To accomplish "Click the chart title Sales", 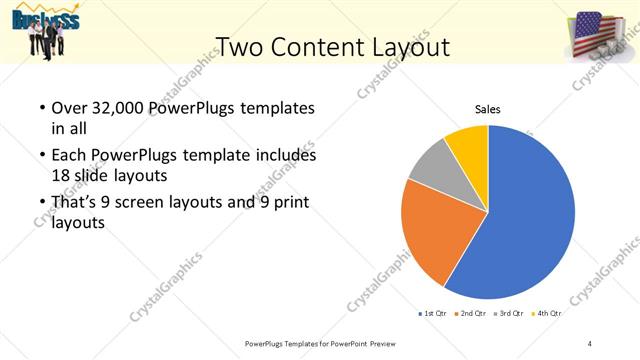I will click(487, 110).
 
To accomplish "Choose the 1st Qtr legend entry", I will click(432, 314).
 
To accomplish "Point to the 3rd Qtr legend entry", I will click(510, 314).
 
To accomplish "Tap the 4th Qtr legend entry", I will click(548, 314).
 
